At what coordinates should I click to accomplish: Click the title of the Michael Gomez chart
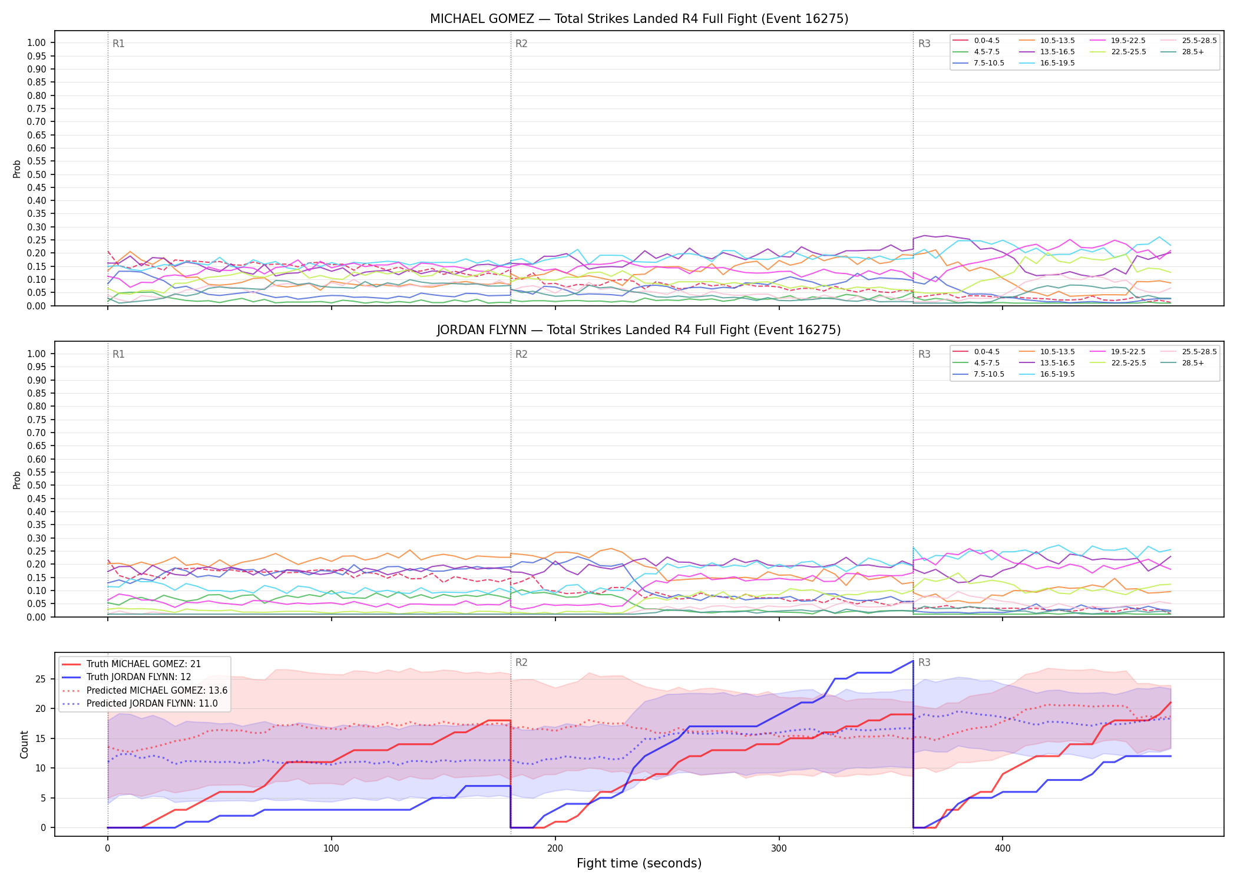click(639, 19)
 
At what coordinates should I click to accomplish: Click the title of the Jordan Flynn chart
click(639, 330)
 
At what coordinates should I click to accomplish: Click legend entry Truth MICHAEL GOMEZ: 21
click(131, 664)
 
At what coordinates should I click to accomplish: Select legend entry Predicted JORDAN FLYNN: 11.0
click(144, 704)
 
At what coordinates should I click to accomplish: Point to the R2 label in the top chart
click(521, 44)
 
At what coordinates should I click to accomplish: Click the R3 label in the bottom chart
click(924, 662)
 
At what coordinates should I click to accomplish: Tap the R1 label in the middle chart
click(118, 354)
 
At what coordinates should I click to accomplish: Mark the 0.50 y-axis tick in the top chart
click(37, 174)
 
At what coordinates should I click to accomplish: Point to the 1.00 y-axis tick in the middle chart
click(37, 354)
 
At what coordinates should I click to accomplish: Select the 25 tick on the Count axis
click(40, 679)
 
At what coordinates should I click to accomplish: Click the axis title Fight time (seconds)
click(639, 863)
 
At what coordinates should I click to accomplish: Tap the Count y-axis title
click(24, 744)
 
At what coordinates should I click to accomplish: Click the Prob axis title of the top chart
click(17, 169)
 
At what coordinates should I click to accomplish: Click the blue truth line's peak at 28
click(912, 661)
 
